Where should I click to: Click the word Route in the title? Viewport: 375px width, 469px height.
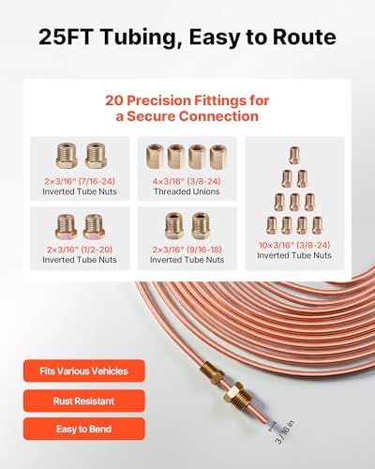click(x=305, y=37)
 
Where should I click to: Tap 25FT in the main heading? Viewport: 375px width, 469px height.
click(x=66, y=37)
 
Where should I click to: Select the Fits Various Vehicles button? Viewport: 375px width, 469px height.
click(x=84, y=371)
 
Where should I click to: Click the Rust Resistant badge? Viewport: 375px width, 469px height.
click(x=84, y=401)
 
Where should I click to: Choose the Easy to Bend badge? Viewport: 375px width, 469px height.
click(x=84, y=429)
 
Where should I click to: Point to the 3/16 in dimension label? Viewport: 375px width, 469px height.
click(x=284, y=432)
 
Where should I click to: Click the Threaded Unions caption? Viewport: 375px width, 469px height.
click(x=187, y=191)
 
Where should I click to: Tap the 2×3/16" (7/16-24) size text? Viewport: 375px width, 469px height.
click(x=80, y=181)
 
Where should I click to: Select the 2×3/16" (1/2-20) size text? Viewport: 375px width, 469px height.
click(x=80, y=250)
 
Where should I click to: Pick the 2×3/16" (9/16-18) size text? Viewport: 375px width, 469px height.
click(x=187, y=250)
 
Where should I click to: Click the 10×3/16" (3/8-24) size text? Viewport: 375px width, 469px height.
click(x=294, y=245)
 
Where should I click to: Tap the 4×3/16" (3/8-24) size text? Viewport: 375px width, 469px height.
click(x=187, y=181)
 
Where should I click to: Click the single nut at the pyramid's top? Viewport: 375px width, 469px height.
click(x=294, y=155)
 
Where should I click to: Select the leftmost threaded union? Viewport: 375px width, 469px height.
click(x=156, y=157)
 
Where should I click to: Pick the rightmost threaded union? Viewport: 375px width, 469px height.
click(x=218, y=157)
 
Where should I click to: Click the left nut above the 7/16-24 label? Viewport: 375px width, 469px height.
click(x=67, y=156)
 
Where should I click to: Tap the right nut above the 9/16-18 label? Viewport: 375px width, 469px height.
click(x=201, y=226)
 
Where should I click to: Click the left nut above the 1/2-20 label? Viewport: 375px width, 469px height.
click(x=67, y=226)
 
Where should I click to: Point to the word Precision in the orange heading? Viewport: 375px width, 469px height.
click(x=159, y=100)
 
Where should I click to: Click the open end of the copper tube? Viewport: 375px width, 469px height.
click(x=266, y=420)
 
